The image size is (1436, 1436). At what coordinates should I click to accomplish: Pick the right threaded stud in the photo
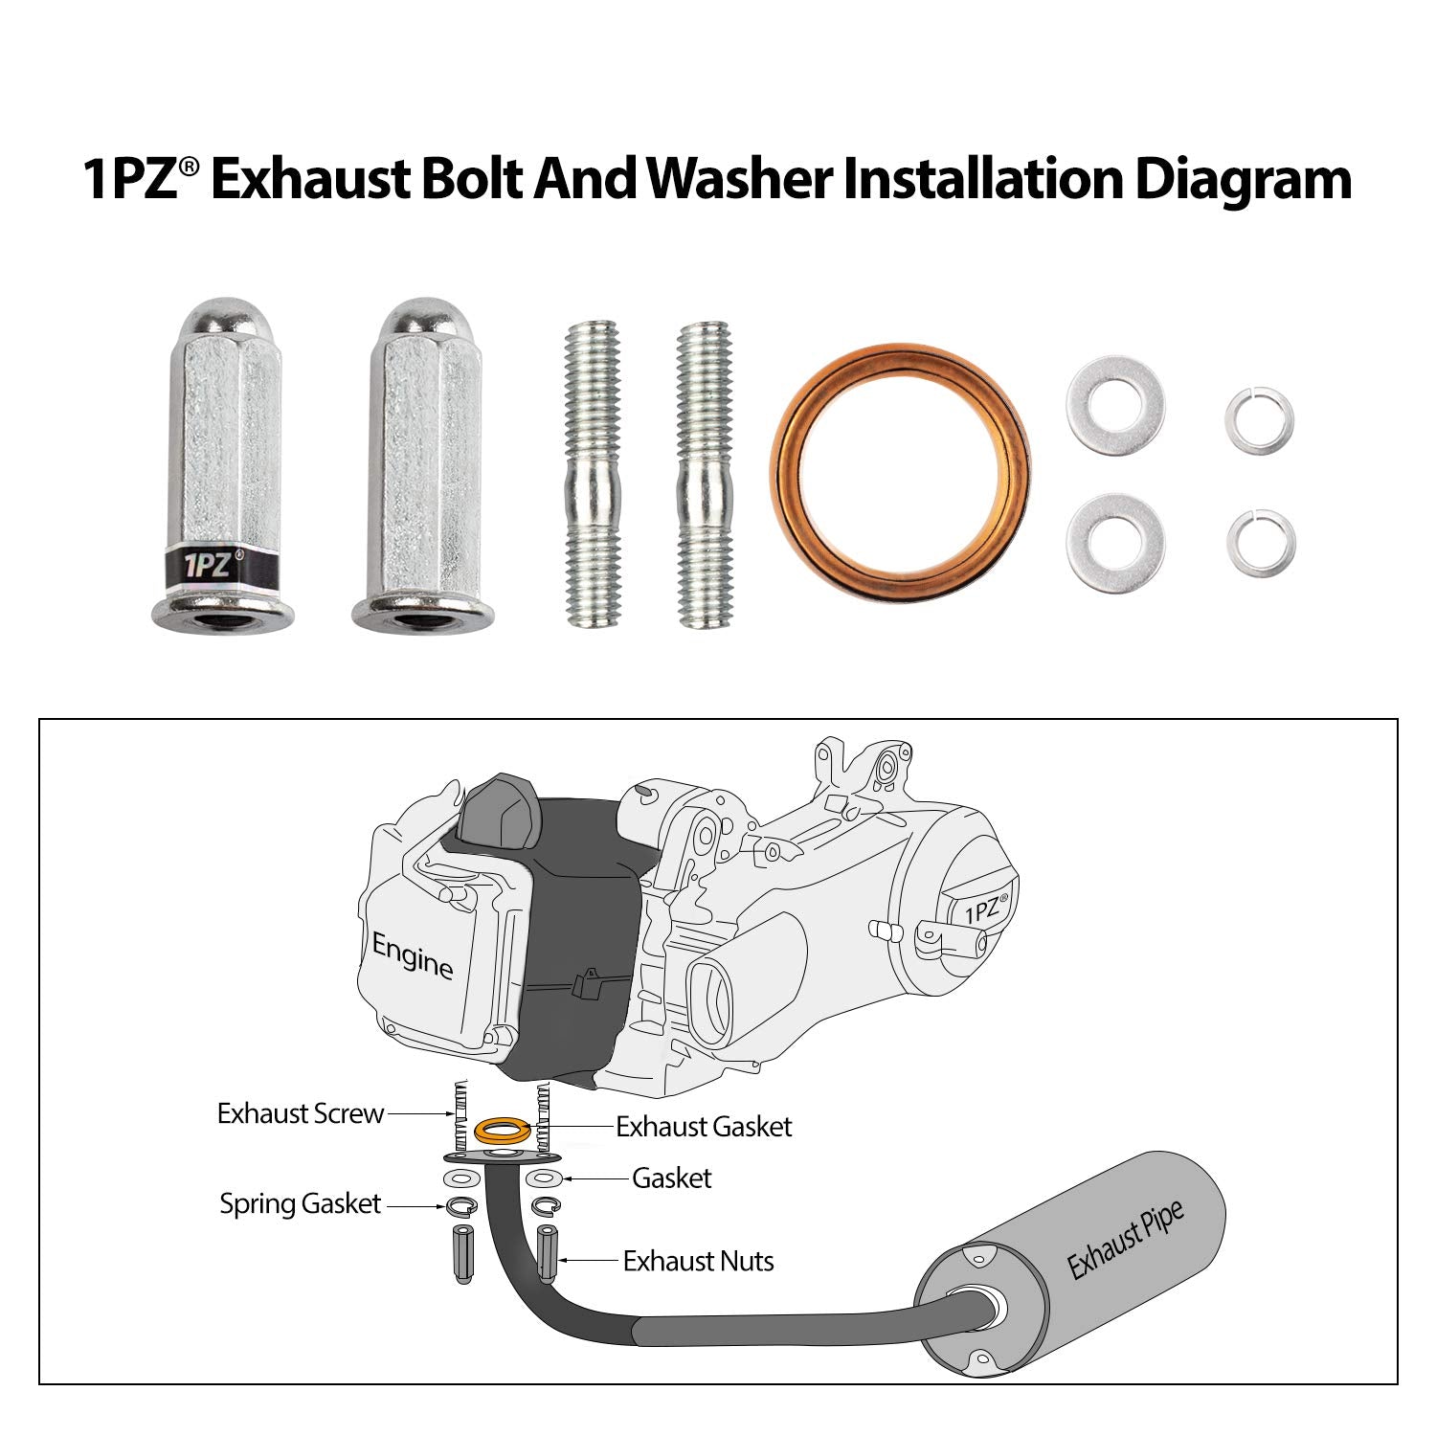tap(705, 476)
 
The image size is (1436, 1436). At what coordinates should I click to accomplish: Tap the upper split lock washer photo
tap(1260, 419)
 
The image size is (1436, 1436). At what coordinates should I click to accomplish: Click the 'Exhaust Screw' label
tap(300, 1114)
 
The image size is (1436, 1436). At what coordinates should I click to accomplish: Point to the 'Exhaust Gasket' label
tap(704, 1127)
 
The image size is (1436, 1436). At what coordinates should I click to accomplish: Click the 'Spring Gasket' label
tap(300, 1204)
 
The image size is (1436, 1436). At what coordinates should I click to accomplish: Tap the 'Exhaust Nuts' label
tap(698, 1262)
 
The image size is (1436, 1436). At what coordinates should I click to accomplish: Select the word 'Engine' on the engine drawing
tap(413, 956)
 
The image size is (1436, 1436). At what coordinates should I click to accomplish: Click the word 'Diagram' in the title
tap(1243, 179)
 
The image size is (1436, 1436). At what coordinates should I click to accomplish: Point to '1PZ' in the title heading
tap(131, 179)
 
